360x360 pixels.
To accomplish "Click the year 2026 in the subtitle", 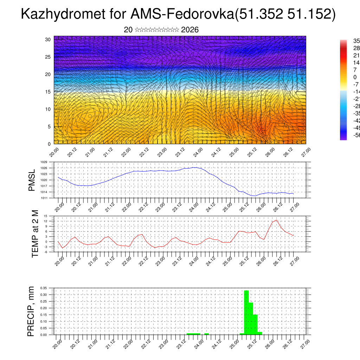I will (x=190, y=30).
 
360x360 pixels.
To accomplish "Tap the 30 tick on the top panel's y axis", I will (x=48, y=39).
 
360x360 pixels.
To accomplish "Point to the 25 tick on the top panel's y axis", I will (x=48, y=57).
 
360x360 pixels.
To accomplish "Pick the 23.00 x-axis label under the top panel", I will (x=162, y=154).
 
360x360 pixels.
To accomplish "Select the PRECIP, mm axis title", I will (x=31, y=311).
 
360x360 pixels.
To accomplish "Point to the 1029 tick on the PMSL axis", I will (x=44, y=162).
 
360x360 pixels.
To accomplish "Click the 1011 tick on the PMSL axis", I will (x=44, y=198).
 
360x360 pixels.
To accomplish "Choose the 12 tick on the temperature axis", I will (x=45, y=221).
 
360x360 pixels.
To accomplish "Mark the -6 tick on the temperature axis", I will (x=45, y=252).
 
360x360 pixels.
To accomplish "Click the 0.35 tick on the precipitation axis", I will (x=44, y=288).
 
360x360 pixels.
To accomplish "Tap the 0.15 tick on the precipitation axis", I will (x=44, y=315).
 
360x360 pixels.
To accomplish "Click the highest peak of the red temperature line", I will (x=277, y=220).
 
